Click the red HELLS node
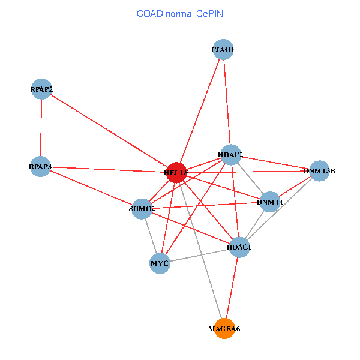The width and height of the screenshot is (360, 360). coord(176,172)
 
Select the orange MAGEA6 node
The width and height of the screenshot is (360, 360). coord(224,328)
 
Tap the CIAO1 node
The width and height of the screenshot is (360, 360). coord(223,50)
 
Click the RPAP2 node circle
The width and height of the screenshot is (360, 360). coord(41,89)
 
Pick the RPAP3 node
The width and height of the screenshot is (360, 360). coord(41,166)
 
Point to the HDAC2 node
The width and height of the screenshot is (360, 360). coord(230,155)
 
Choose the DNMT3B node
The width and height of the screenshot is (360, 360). coord(319,171)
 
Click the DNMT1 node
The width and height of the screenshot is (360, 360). coord(270,202)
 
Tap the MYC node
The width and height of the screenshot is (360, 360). coord(160,263)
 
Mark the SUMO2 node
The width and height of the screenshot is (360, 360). coord(142,209)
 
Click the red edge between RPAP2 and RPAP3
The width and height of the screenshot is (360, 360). coord(41,128)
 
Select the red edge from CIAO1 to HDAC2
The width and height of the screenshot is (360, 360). coord(226,102)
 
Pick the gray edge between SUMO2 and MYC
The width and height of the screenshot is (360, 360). coord(151,236)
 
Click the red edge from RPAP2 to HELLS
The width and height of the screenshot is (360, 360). coord(109,131)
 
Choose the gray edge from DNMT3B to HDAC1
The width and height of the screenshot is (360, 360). coord(279,209)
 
